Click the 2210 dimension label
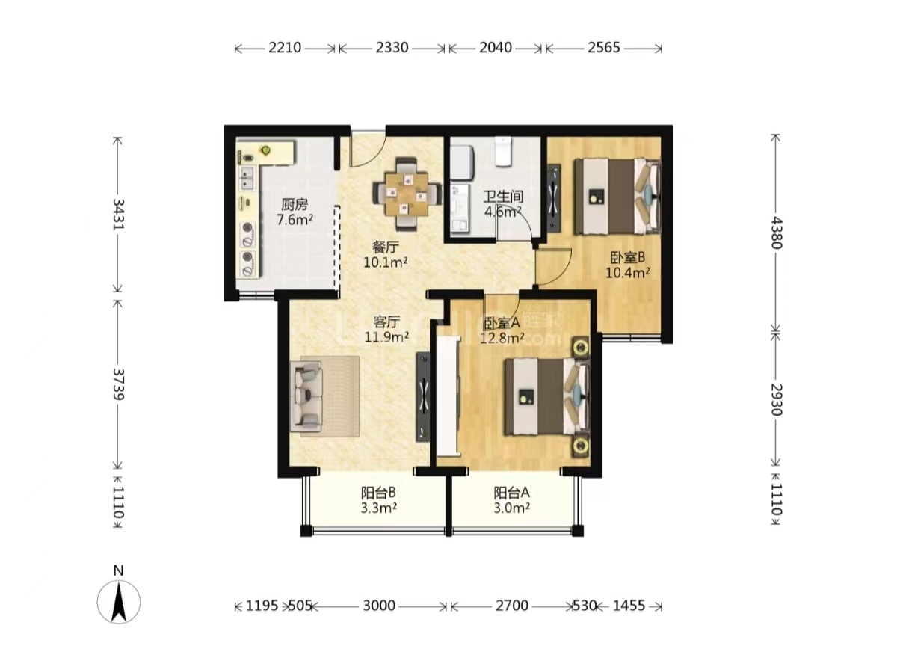coord(285,48)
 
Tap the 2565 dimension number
coord(604,48)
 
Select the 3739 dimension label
coord(119,384)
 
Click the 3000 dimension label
coord(379,606)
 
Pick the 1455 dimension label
coord(629,606)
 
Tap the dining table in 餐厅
coord(407,194)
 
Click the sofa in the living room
coord(306,396)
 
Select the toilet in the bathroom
coord(502,151)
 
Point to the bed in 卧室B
coord(617,196)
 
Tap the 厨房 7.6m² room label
coord(295,212)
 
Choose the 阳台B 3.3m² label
coord(379,499)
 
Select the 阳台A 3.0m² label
coord(512,499)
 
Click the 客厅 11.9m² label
coord(386,329)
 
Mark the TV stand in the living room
coord(423,396)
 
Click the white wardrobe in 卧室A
coord(448,396)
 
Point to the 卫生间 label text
coord(503,197)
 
